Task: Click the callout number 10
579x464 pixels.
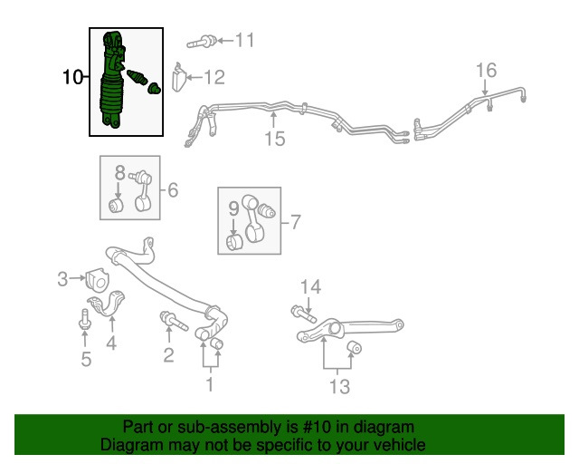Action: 72,79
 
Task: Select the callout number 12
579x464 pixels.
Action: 214,78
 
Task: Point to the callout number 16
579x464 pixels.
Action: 486,70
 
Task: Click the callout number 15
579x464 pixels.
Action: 274,139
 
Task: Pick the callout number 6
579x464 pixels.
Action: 172,189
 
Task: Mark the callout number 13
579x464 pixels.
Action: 338,388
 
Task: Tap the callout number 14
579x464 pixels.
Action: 310,287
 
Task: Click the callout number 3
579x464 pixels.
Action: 63,279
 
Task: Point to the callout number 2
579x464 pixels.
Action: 168,354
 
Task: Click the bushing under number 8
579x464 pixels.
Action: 117,206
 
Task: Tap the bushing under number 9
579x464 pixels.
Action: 234,241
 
